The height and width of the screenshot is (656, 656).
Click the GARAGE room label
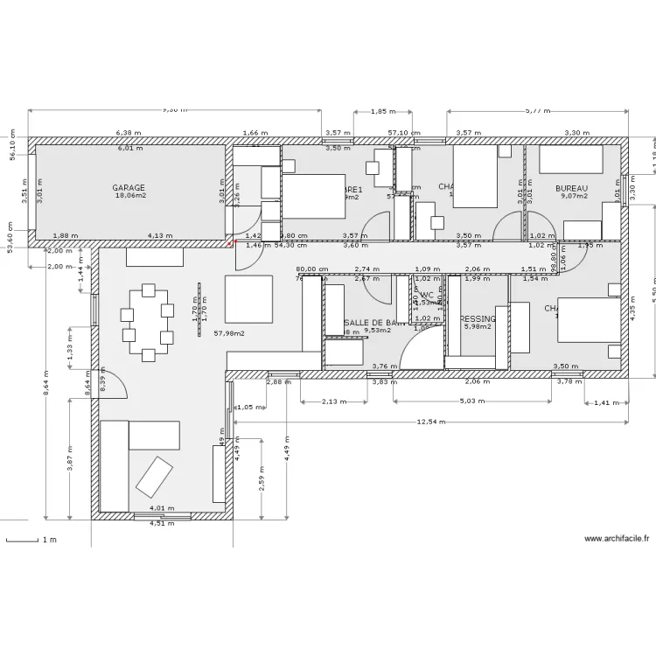click(129, 188)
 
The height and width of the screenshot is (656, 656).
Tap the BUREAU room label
click(571, 188)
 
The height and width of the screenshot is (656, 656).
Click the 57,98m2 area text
click(229, 333)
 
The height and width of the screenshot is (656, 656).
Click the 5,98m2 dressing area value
click(478, 327)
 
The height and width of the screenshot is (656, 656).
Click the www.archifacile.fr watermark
click(616, 540)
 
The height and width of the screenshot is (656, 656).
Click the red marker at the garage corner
click(232, 244)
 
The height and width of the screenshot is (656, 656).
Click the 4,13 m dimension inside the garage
click(158, 235)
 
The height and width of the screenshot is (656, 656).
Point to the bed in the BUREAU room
click(570, 159)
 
